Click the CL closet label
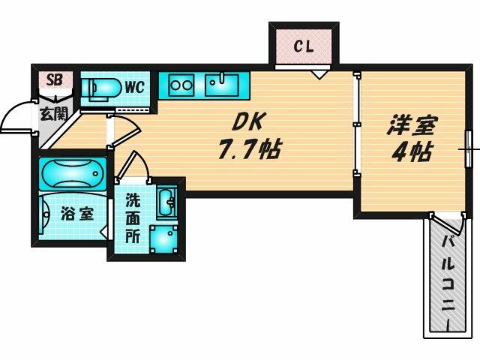303,46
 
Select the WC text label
134,86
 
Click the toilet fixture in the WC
102,88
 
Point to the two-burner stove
181,85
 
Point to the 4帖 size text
412,152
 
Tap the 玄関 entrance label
52,115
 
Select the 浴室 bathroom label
76,213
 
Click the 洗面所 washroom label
132,217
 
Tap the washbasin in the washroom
166,201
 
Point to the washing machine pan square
163,240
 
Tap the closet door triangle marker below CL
320,73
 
